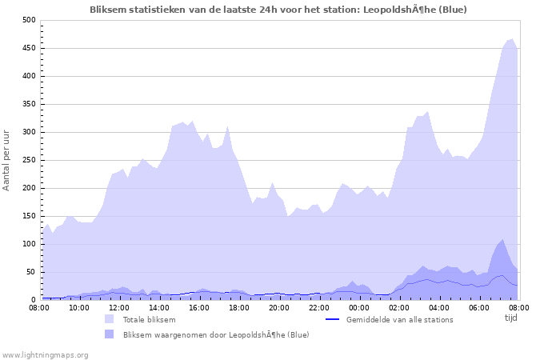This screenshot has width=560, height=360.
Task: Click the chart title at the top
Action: pyautogui.click(x=278, y=9)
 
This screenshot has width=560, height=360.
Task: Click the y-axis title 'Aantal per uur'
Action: pyautogui.click(x=7, y=160)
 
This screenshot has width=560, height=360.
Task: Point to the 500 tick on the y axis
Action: pyautogui.click(x=29, y=20)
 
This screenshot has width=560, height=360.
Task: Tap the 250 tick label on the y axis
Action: pyautogui.click(x=29, y=160)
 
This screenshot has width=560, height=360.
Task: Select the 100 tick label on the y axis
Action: pyautogui.click(x=29, y=244)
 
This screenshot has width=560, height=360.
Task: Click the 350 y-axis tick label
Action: pyautogui.click(x=29, y=104)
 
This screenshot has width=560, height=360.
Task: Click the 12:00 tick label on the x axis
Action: pyautogui.click(x=119, y=307)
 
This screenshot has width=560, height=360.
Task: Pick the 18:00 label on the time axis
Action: pyautogui.click(x=239, y=307)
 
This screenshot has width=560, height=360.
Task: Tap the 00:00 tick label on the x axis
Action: pyautogui.click(x=359, y=307)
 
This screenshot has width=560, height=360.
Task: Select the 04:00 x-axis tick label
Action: pyautogui.click(x=439, y=307)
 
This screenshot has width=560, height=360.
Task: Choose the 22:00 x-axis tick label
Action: pyautogui.click(x=319, y=307)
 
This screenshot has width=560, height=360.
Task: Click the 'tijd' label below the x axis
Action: pyautogui.click(x=510, y=317)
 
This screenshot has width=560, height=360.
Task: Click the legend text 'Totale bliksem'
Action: pyautogui.click(x=149, y=319)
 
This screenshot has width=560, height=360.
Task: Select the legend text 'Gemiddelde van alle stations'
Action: pyautogui.click(x=399, y=319)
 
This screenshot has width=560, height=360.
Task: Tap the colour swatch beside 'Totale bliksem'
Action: pyautogui.click(x=109, y=319)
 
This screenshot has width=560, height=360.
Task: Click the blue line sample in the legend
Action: pyautogui.click(x=332, y=319)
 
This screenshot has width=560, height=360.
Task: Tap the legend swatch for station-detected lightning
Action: pyautogui.click(x=109, y=334)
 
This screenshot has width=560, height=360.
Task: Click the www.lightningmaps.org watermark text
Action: pyautogui.click(x=45, y=354)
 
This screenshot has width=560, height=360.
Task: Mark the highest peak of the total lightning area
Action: pyautogui.click(x=511, y=38)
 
